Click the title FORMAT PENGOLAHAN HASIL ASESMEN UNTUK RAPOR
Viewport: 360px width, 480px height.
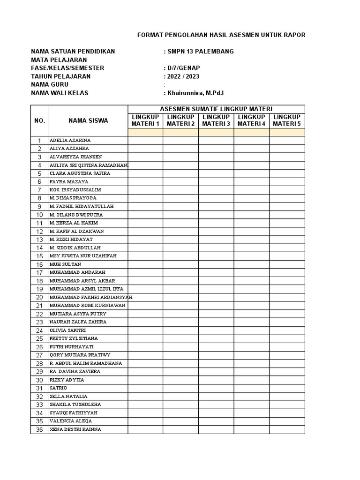221,35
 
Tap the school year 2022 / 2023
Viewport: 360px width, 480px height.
183,76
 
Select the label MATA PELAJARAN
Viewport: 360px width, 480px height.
59,60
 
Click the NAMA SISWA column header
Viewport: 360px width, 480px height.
88,120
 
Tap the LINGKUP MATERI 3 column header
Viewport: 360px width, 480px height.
216,120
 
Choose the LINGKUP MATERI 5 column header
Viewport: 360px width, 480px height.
287,120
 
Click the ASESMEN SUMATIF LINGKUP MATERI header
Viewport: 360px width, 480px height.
216,109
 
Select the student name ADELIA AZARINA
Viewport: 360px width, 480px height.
70,140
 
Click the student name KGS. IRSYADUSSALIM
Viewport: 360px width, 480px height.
75,190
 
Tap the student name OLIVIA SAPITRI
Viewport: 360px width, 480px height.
67,330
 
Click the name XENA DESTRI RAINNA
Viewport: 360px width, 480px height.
75,429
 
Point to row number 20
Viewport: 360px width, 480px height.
39,297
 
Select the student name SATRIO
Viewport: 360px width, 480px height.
59,388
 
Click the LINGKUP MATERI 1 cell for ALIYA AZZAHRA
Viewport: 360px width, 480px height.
145,149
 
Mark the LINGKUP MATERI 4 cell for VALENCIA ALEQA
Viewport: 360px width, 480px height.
251,421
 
